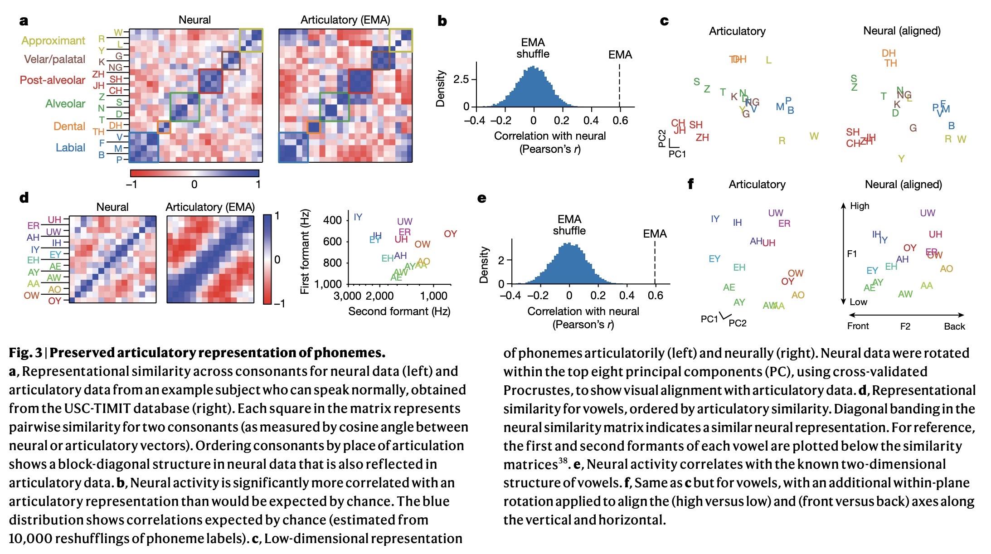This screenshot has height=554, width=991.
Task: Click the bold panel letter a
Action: (x=24, y=21)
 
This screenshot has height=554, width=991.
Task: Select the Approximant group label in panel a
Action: (x=53, y=41)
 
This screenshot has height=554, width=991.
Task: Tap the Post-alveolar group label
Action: (x=52, y=80)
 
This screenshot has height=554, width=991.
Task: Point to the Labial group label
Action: (x=70, y=147)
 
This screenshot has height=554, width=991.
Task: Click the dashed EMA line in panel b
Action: (x=620, y=86)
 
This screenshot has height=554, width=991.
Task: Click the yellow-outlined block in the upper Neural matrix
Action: (x=251, y=40)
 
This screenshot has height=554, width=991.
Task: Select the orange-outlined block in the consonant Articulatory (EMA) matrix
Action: (x=314, y=127)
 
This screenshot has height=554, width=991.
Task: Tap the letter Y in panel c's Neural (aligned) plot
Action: (x=901, y=159)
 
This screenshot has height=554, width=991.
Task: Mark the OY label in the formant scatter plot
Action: (x=450, y=234)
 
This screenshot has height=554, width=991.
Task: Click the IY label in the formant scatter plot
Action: (x=358, y=217)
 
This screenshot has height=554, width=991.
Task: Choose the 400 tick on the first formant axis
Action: (x=332, y=220)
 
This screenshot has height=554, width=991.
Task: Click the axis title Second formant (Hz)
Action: (x=399, y=311)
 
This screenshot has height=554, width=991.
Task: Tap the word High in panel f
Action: (x=860, y=206)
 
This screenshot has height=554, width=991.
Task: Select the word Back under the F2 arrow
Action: (x=954, y=326)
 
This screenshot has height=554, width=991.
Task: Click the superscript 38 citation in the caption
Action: (x=563, y=461)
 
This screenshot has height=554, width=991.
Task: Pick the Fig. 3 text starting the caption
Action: (x=25, y=353)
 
